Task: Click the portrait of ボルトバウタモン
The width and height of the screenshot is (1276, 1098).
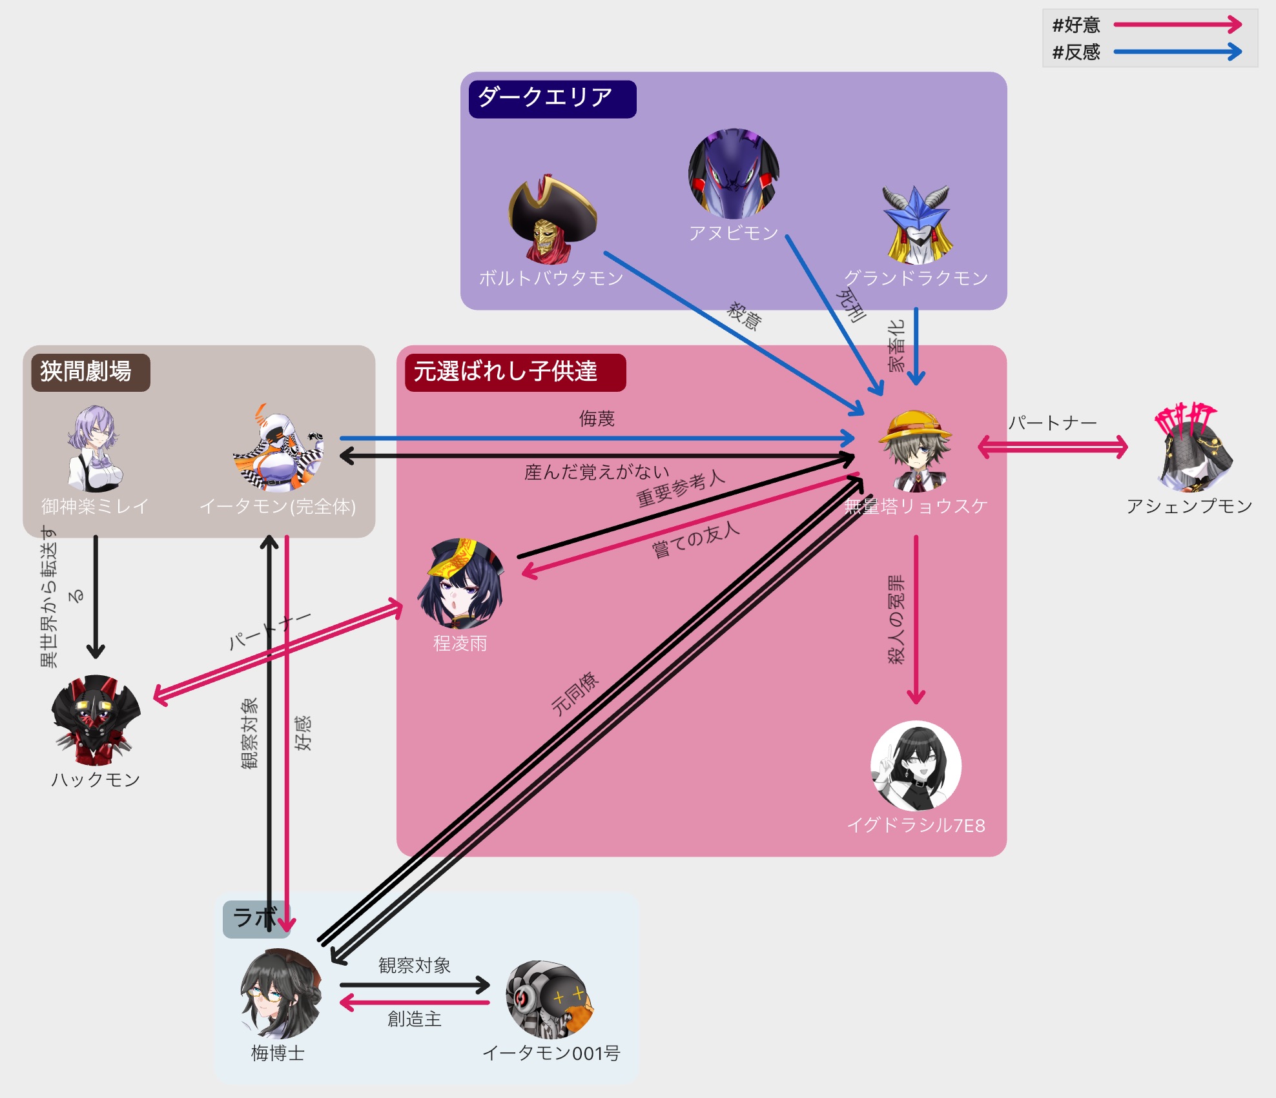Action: (553, 220)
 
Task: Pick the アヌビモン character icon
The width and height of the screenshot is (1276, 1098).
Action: (734, 174)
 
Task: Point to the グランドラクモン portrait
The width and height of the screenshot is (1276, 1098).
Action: (917, 225)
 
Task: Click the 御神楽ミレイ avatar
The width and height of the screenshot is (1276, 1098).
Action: (95, 449)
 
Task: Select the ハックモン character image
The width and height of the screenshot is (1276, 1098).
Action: (96, 720)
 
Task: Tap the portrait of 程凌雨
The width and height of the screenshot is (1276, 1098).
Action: (460, 584)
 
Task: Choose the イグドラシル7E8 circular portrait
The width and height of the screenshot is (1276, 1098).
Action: (916, 766)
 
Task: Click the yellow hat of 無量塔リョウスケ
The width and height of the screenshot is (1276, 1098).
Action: (914, 425)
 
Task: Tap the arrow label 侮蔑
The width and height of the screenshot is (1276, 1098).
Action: (597, 419)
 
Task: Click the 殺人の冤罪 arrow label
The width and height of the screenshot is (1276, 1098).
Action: (896, 619)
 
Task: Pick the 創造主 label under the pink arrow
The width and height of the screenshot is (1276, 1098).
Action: (414, 1019)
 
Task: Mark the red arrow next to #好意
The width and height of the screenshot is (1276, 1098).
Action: (1178, 25)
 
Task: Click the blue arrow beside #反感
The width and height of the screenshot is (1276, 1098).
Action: (1178, 52)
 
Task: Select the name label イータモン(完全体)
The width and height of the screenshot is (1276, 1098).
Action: (278, 507)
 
